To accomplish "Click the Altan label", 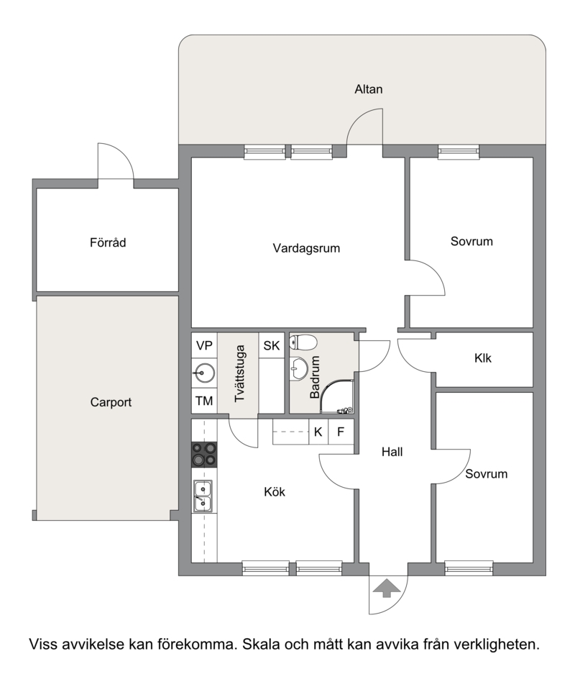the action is pos(369,89).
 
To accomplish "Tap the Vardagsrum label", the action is pos(306,248).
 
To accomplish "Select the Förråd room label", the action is pos(108,242).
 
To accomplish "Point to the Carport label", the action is pos(111,402).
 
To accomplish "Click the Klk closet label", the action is pos(483,358).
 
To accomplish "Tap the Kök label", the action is pos(275,491).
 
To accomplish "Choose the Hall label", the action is pos(392,452).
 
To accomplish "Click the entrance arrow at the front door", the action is pos(387,588).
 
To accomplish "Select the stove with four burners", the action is pos(204,453).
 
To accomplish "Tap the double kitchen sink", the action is pos(203,496).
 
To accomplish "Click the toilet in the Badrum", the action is pos(303,342).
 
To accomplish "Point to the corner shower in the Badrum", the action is pos(336,396).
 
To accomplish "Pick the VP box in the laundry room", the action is pos(204,346).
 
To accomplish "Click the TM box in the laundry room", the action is pos(204,401).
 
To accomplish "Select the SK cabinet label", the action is pos(271,346).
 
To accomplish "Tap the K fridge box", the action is pos(318,432).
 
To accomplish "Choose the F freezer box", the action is pos(341,432).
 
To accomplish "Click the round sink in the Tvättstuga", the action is pos(204,373).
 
